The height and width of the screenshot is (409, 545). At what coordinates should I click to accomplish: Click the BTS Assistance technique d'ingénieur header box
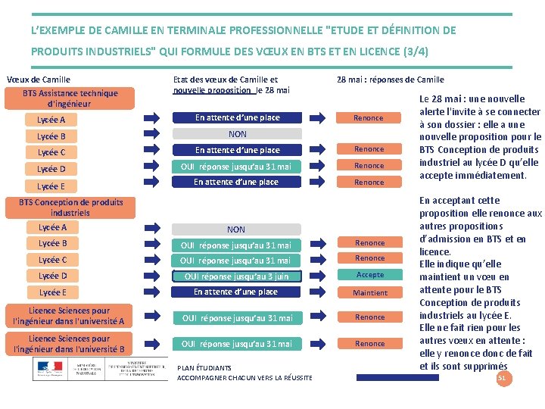[70, 98]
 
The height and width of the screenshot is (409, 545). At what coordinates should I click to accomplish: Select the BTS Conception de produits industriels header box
[70, 208]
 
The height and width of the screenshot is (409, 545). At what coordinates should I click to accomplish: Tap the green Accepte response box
[370, 275]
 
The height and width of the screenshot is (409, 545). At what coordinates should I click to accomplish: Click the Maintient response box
[370, 292]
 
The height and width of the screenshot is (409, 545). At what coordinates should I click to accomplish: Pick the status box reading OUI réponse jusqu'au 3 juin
[236, 276]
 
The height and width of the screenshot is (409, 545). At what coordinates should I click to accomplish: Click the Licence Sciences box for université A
[69, 317]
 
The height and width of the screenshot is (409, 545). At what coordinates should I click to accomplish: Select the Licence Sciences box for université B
[69, 344]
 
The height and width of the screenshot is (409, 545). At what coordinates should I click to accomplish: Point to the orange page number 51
[501, 377]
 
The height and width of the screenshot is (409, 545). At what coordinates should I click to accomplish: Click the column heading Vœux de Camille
[38, 80]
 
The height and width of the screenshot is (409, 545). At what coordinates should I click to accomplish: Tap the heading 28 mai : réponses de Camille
[390, 80]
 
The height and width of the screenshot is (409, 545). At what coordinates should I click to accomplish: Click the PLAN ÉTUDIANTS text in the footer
[204, 368]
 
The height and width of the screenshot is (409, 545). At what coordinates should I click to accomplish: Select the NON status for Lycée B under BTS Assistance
[237, 134]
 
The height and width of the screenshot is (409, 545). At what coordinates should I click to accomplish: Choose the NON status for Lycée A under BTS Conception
[236, 229]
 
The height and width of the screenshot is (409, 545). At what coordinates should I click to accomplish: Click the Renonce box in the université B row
[370, 344]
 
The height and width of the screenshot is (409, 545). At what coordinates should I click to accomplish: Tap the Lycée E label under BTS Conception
[52, 292]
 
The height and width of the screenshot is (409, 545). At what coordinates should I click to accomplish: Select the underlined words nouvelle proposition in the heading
[212, 90]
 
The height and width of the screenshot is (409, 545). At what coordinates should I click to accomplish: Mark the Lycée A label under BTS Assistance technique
[51, 120]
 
